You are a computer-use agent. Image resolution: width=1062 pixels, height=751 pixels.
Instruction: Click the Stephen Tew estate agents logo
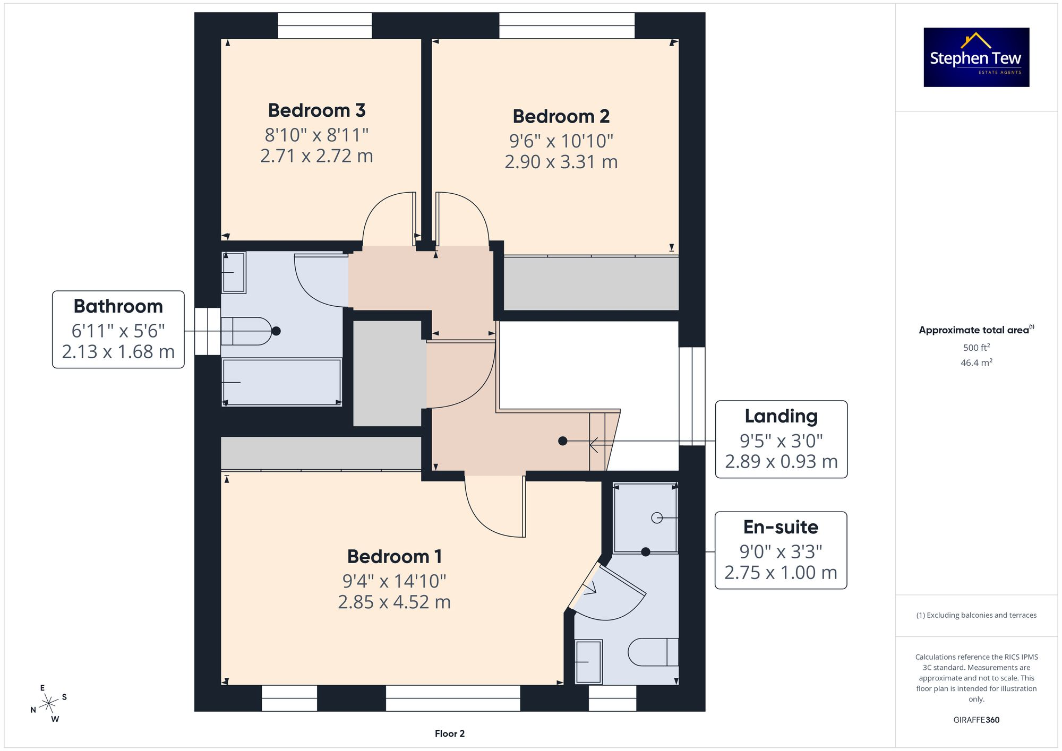[976, 57]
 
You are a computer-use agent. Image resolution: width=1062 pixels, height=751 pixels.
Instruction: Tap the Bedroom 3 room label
[316, 110]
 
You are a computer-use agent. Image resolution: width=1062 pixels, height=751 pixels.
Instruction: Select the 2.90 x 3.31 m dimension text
[561, 162]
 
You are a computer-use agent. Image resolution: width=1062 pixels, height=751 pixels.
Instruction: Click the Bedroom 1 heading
[394, 556]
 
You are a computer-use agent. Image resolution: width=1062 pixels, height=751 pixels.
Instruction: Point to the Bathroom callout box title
[118, 306]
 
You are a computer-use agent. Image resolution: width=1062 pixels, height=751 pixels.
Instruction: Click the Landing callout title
[781, 416]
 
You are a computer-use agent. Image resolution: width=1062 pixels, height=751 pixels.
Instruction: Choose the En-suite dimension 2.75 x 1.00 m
[781, 573]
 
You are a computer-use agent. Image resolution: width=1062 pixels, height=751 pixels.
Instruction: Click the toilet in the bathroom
[246, 331]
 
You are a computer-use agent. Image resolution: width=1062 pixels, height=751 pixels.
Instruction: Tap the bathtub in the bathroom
[281, 382]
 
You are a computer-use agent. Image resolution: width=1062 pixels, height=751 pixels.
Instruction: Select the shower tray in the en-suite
[645, 517]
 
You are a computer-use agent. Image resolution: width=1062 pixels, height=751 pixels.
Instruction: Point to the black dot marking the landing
[563, 441]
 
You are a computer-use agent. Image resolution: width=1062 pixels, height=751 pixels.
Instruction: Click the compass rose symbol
[49, 704]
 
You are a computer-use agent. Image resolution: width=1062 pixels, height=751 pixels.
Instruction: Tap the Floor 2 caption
[449, 733]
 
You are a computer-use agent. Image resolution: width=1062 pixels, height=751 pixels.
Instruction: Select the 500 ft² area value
[976, 348]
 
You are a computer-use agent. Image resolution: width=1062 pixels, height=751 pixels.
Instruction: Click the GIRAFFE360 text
[976, 720]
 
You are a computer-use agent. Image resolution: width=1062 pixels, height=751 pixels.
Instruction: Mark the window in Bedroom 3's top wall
[324, 25]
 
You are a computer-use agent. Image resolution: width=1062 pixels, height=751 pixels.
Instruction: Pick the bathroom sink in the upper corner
[234, 272]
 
